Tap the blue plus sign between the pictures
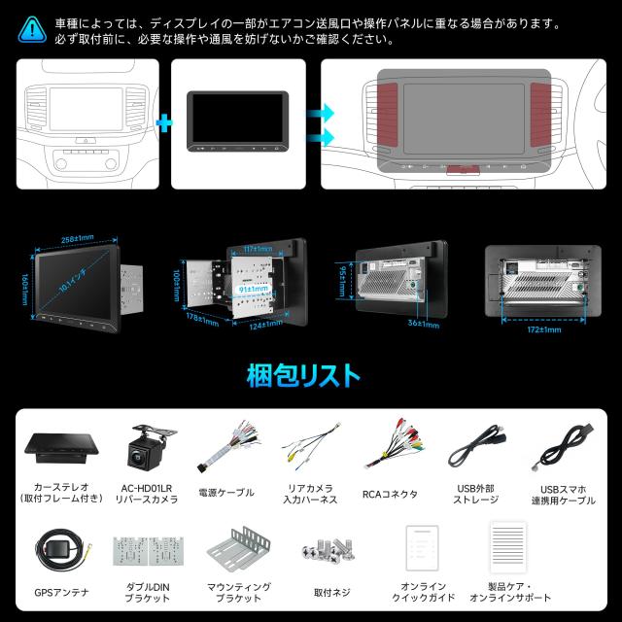point(163,122)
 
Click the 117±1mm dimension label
point(256,249)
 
